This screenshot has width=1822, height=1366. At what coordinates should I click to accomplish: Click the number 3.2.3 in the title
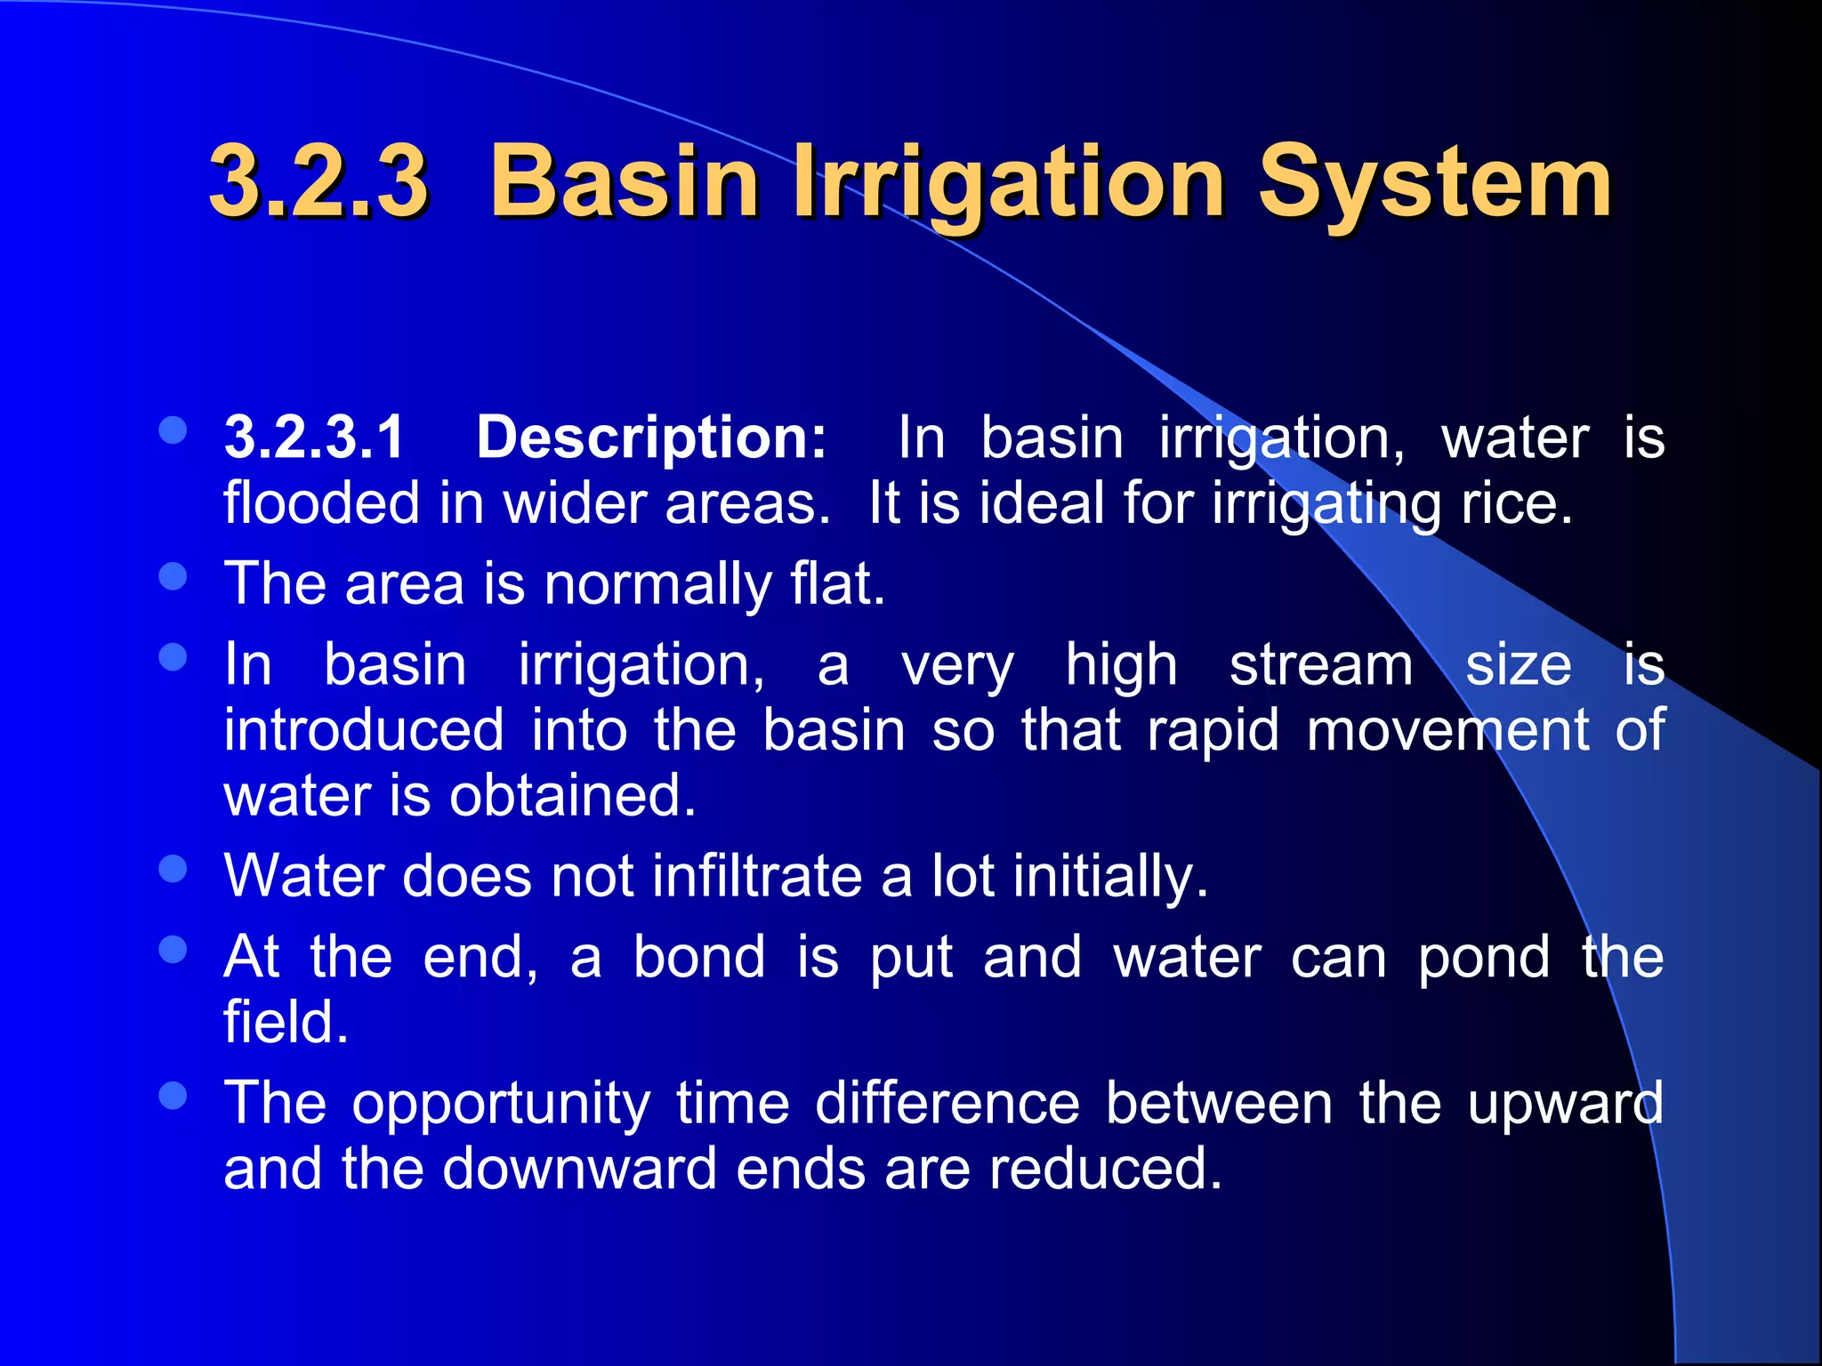tap(318, 182)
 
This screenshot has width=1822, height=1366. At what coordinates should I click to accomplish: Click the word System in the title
tap(1433, 182)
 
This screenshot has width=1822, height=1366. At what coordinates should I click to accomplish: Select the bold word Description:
tap(651, 438)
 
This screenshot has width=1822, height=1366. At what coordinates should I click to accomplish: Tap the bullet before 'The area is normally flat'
tap(173, 577)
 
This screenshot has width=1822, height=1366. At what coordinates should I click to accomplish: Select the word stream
tap(1320, 665)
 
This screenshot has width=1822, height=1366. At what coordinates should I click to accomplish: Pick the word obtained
tap(572, 795)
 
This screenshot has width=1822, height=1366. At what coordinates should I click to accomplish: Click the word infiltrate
tap(756, 876)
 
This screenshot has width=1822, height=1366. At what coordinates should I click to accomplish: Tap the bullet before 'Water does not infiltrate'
tap(173, 869)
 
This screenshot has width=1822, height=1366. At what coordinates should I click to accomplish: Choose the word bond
tap(698, 958)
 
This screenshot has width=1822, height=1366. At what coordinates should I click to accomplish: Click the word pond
tap(1483, 958)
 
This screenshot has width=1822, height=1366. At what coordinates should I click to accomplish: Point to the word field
tap(285, 1023)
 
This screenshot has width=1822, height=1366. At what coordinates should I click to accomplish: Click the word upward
tap(1565, 1104)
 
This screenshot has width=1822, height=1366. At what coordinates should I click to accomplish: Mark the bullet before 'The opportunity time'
tap(173, 1096)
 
